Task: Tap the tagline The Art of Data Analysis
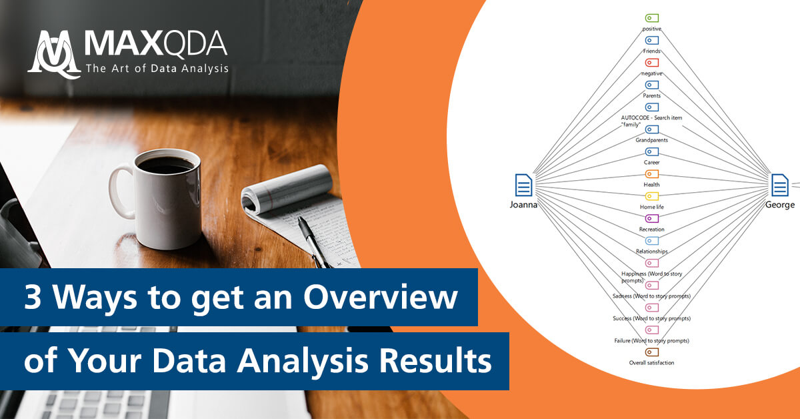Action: pyautogui.click(x=157, y=68)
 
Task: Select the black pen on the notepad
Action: pyautogui.click(x=313, y=240)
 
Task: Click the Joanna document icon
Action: pyautogui.click(x=524, y=185)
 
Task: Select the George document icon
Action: pyautogui.click(x=780, y=185)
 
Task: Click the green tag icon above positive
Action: pyautogui.click(x=652, y=18)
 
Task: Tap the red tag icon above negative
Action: pyautogui.click(x=652, y=63)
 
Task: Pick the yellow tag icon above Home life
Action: pyautogui.click(x=652, y=196)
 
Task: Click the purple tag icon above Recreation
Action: pyautogui.click(x=652, y=218)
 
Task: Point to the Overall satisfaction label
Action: pyautogui.click(x=651, y=363)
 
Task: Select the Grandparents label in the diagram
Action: pyautogui.click(x=651, y=140)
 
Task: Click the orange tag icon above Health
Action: pyautogui.click(x=652, y=173)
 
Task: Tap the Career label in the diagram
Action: pyautogui.click(x=651, y=162)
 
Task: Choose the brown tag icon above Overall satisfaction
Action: pyautogui.click(x=652, y=352)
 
